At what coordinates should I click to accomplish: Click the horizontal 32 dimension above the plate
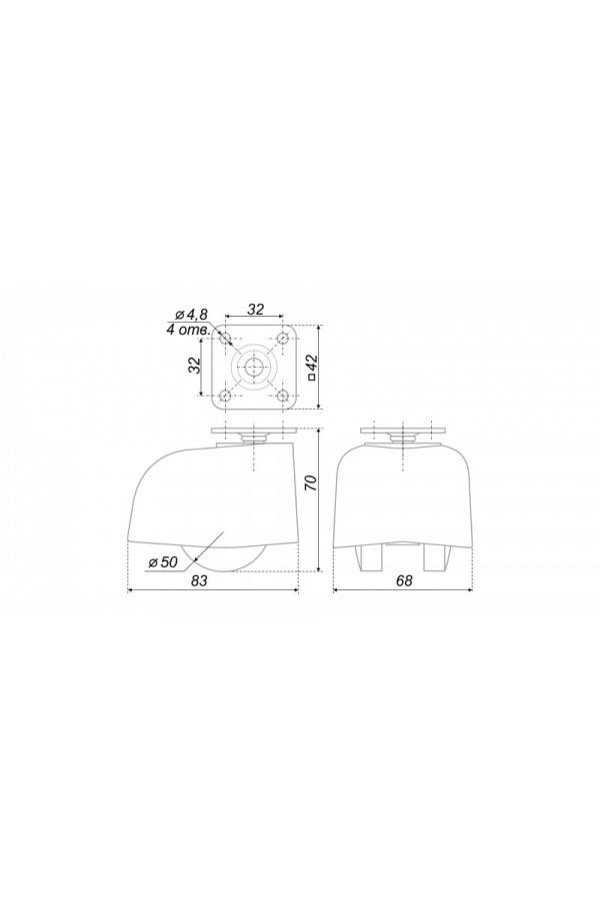[x=256, y=309]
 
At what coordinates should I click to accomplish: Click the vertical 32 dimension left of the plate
[x=196, y=365]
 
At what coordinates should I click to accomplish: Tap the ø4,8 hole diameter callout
[x=192, y=314]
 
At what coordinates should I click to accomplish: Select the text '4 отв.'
[x=187, y=330]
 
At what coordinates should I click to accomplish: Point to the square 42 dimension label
[x=312, y=367]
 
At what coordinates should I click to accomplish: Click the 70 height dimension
[x=311, y=482]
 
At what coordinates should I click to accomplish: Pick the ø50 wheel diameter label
[x=162, y=561]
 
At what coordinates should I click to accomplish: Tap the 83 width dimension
[x=199, y=580]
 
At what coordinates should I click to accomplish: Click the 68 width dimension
[x=404, y=580]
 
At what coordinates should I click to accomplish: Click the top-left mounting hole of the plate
[x=225, y=338]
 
